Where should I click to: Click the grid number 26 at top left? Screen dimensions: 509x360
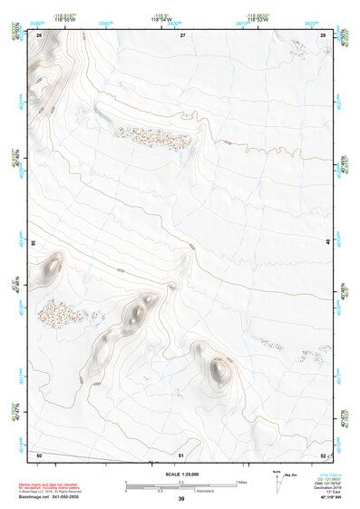[x=40, y=34]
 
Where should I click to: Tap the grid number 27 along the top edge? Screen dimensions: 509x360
[x=181, y=34]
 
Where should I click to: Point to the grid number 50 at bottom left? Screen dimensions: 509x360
[x=39, y=454]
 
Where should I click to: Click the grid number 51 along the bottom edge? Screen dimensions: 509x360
[x=181, y=454]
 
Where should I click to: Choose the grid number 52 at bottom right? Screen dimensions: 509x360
[x=323, y=454]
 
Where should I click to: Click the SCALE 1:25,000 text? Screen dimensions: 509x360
[x=181, y=475]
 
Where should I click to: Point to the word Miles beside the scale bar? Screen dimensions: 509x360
[x=242, y=481]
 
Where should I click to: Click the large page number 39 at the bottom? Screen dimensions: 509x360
[x=181, y=499]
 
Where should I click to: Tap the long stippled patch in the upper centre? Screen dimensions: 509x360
[x=153, y=138]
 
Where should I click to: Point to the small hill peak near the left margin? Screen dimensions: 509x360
[x=47, y=266]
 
